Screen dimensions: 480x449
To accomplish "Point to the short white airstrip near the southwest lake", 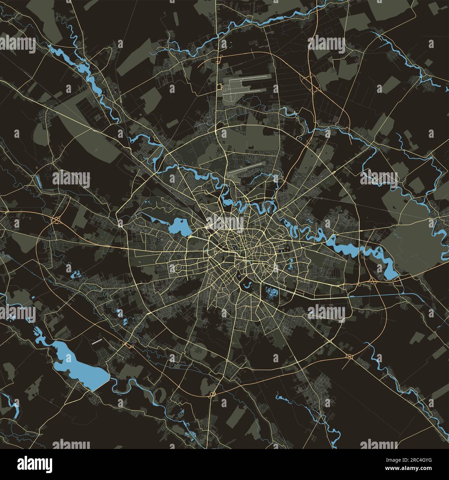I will click(x=97, y=342).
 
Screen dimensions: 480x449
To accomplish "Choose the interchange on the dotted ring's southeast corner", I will click(x=349, y=356).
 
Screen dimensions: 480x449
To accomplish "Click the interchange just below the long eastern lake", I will click(x=373, y=281).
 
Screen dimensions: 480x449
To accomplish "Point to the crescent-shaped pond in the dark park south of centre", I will click(x=247, y=285).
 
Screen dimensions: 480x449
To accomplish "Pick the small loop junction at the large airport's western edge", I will click(x=220, y=87).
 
